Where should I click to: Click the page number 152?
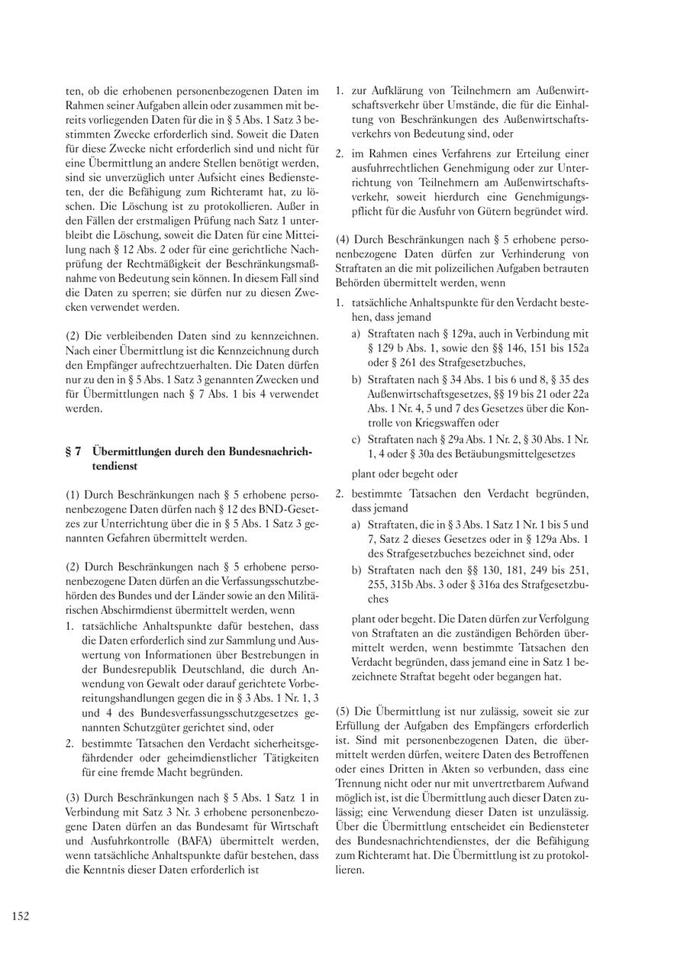point(21,916)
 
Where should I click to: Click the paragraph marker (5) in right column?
point(344,712)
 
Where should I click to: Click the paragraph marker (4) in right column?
point(344,240)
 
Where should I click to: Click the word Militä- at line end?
point(303,596)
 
